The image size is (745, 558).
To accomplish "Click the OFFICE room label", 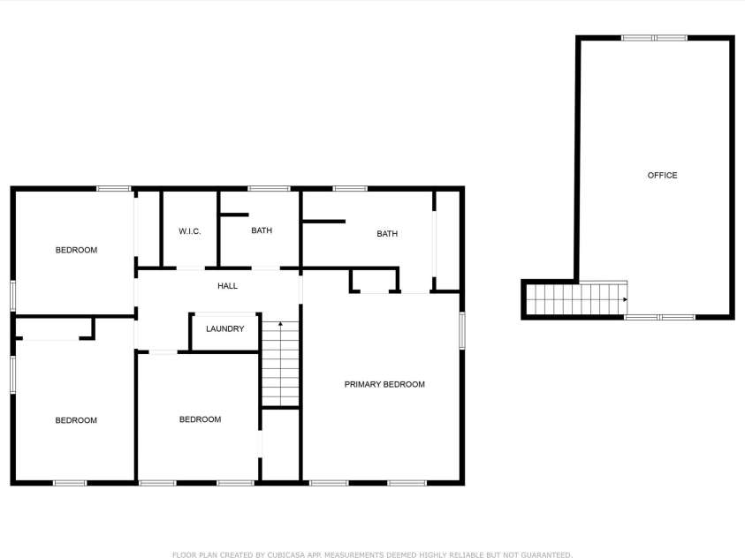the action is (662, 175).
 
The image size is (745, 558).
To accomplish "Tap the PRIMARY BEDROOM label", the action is (384, 384).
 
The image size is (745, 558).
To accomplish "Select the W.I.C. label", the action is (190, 231).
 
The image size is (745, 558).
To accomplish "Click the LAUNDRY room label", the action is (224, 328).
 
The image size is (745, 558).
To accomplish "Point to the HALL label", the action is (228, 286).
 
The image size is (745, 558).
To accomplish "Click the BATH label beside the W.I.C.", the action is (262, 230).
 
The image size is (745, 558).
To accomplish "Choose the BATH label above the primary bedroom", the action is (387, 233).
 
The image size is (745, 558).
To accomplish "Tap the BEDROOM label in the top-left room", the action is (77, 250).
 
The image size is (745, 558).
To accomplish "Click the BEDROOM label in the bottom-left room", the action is (76, 420).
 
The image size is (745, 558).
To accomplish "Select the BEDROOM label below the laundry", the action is (200, 419).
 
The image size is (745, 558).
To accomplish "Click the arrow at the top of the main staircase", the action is (281, 325).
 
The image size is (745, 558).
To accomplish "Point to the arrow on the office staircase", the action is (625, 299).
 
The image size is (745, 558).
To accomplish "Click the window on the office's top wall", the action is (654, 38).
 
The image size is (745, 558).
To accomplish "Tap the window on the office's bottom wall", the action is (659, 317).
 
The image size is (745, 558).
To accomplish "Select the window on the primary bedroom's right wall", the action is (462, 331).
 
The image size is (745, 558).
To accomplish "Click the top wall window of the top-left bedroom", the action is (113, 189).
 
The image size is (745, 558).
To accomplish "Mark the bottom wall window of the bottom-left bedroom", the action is (70, 483).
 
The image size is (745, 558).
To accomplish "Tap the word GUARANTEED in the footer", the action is (546, 554).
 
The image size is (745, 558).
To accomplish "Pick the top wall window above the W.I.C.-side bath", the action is (269, 189).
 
